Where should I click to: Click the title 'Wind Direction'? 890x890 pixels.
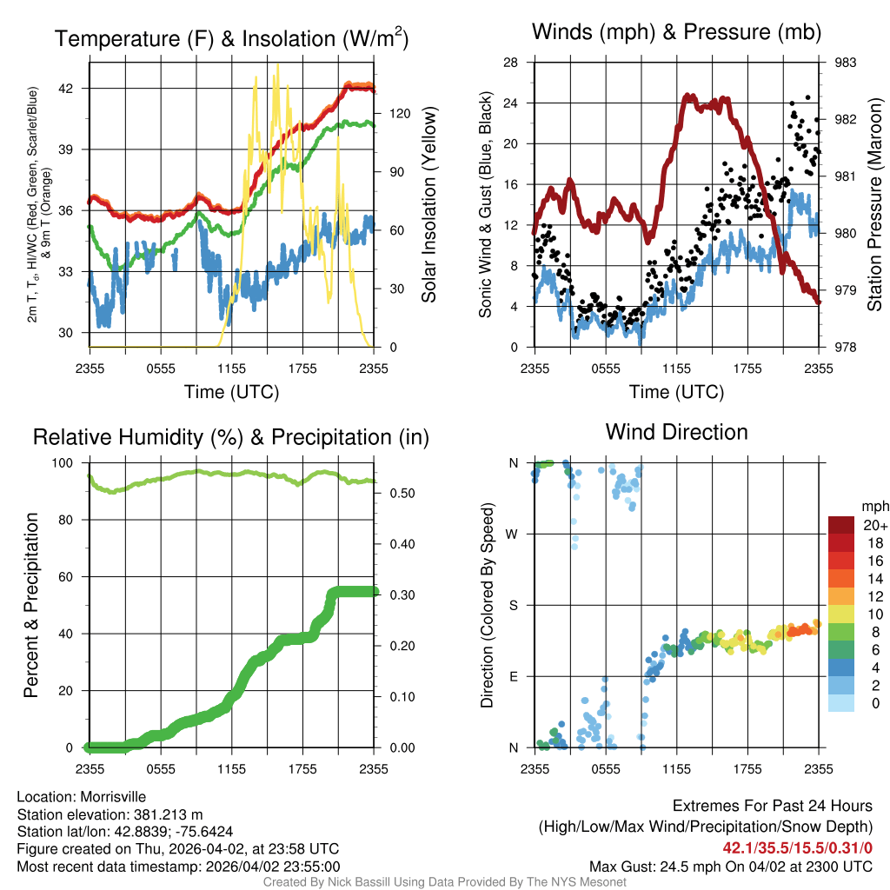click(x=676, y=432)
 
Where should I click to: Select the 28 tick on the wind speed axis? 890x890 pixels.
click(x=512, y=63)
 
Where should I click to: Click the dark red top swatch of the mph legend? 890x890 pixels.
click(x=843, y=525)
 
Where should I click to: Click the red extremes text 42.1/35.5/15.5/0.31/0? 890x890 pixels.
click(x=798, y=848)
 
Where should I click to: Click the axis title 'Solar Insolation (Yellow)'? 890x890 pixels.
click(x=428, y=205)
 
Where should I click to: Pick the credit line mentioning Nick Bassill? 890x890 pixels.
click(x=444, y=882)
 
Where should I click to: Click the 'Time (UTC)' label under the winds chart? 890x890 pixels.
click(x=675, y=392)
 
